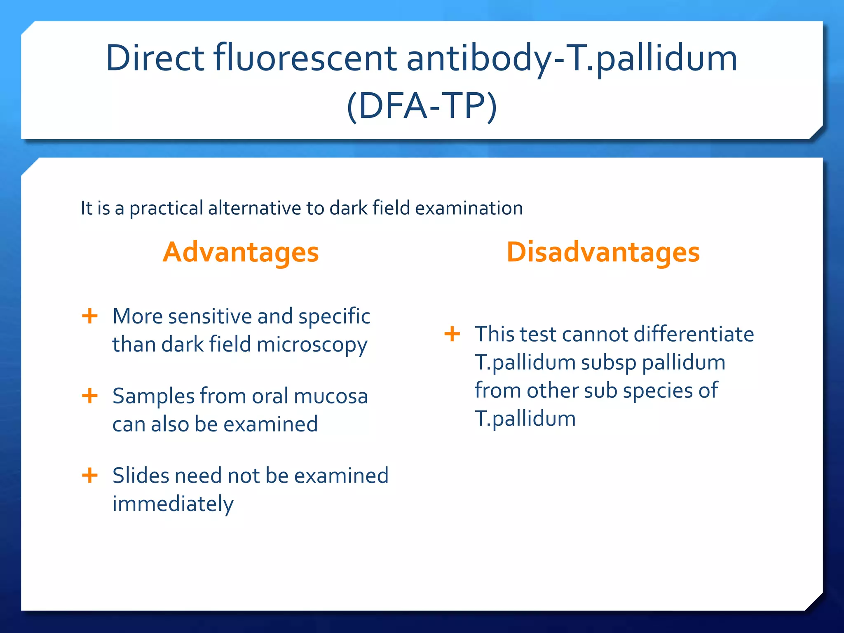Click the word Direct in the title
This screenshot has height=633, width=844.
click(155, 59)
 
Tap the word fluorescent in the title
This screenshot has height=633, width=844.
click(305, 59)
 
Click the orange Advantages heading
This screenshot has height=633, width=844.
click(241, 252)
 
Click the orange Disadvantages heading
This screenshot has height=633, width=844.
click(603, 252)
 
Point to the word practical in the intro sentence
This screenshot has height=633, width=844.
click(166, 208)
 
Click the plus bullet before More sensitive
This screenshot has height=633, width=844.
click(90, 316)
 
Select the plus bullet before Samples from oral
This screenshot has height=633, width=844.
click(90, 396)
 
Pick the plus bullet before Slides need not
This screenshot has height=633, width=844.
click(90, 476)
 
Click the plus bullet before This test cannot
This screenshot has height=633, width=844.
click(452, 334)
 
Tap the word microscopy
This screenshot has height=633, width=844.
click(312, 345)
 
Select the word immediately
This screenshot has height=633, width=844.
click(173, 504)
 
